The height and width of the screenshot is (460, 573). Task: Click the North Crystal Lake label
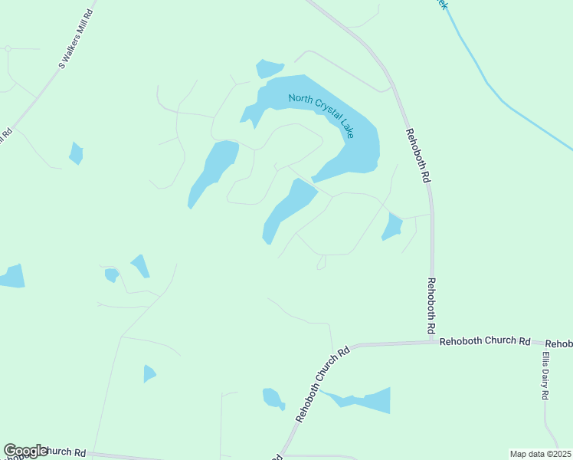click(321, 115)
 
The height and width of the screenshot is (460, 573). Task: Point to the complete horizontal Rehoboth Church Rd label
click(485, 341)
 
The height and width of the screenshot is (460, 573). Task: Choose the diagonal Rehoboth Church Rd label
click(323, 383)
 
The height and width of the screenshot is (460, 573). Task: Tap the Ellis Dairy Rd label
click(545, 376)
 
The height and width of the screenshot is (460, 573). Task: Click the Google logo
click(25, 451)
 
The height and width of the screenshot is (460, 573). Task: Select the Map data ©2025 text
click(540, 454)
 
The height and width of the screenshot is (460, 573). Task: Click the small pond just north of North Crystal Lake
click(269, 68)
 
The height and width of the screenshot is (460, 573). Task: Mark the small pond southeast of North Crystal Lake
click(392, 227)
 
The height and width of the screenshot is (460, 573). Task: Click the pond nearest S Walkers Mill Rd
click(76, 153)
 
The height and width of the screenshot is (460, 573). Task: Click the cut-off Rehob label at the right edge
click(558, 343)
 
